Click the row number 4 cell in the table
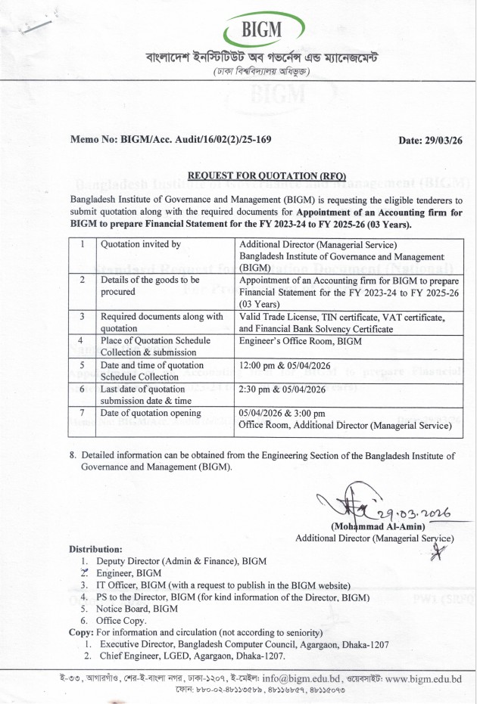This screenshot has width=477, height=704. coord(81,341)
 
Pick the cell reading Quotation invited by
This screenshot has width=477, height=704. coord(140,244)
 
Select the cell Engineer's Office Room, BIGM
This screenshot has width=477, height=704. coord(300,341)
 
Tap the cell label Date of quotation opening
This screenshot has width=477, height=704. coord(151,413)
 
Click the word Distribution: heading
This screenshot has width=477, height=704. coord(95,548)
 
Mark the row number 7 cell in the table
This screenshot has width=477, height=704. coord(81,413)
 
